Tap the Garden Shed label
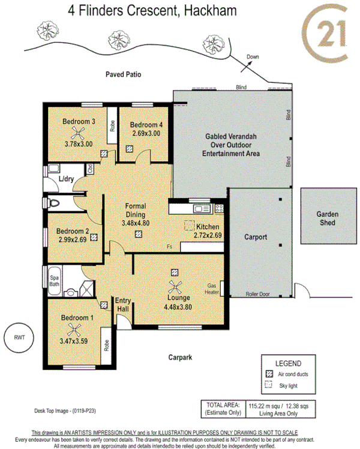(x=328, y=218)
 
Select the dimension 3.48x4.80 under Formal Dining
(x=135, y=223)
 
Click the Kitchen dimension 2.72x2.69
(x=208, y=235)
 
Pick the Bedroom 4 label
(x=146, y=125)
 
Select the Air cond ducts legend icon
(x=268, y=372)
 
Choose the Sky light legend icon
(x=268, y=385)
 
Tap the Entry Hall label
(x=123, y=304)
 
